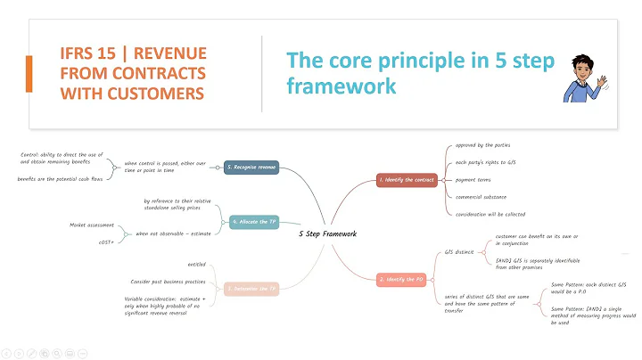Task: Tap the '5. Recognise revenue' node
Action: (252, 167)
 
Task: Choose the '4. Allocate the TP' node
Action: (254, 222)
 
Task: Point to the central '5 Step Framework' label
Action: (327, 234)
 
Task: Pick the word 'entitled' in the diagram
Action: (198, 264)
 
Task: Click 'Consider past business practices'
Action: (169, 282)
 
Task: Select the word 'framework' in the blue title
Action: (342, 86)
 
